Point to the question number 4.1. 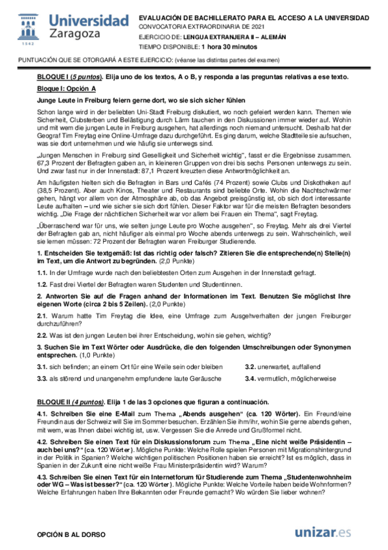43,414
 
